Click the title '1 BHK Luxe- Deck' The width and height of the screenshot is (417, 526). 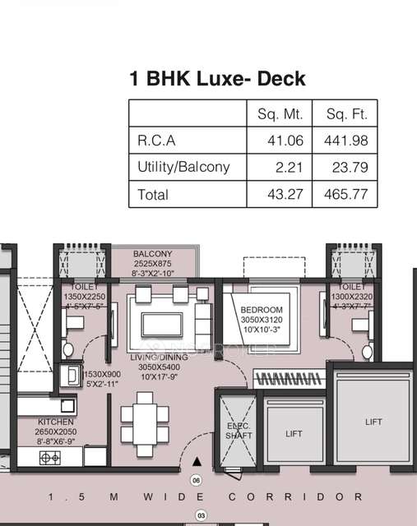click(217, 79)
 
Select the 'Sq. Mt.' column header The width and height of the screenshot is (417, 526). click(276, 113)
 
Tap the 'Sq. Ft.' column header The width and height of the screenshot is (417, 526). click(346, 113)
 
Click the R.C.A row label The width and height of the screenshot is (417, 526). click(156, 141)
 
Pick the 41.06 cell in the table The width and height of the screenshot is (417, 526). click(285, 141)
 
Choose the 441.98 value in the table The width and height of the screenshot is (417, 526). click(346, 141)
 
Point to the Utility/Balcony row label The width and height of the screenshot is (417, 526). click(183, 167)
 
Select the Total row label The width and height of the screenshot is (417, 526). click(153, 194)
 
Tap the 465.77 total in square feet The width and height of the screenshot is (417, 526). click(346, 194)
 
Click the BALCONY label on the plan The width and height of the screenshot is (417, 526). click(153, 254)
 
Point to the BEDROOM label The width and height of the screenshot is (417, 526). click(261, 298)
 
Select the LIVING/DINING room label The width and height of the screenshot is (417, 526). click(159, 358)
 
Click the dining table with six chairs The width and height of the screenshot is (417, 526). click(145, 418)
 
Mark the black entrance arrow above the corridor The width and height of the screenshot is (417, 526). click(196, 464)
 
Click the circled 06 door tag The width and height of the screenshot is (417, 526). click(196, 480)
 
